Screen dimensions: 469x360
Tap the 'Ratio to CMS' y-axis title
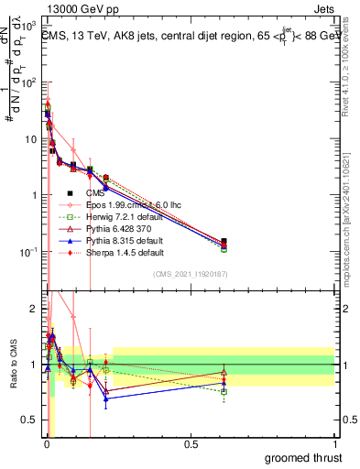(12, 366)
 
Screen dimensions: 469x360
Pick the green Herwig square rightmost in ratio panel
(224, 391)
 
